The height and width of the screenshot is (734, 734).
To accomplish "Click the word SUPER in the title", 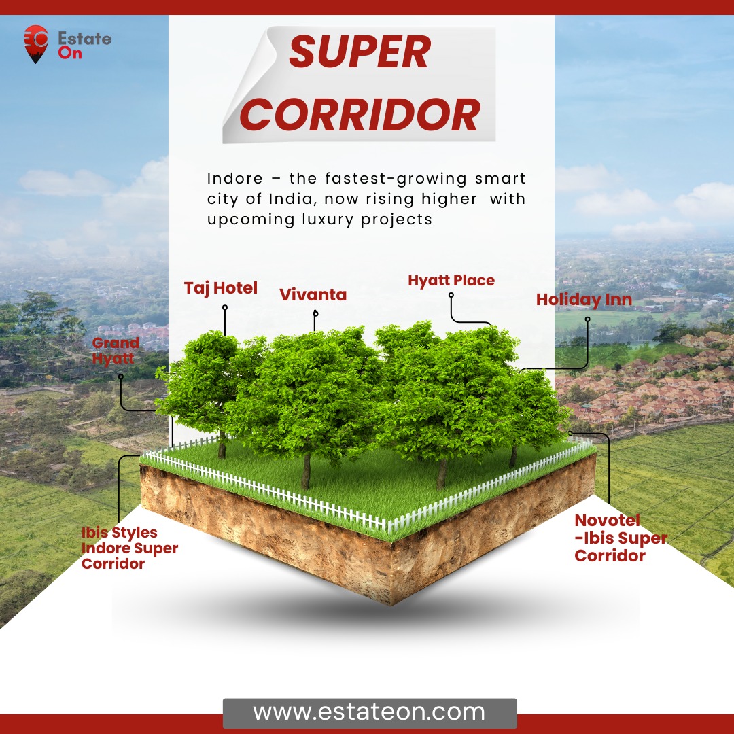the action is [x=360, y=52].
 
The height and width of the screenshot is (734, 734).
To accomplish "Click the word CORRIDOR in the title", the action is [x=360, y=115].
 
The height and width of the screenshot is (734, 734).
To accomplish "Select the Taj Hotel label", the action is [x=220, y=288].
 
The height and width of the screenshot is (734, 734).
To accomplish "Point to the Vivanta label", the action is [x=313, y=294].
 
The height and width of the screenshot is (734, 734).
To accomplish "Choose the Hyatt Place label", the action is [x=451, y=281].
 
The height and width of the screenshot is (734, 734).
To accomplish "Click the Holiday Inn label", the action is [x=584, y=300].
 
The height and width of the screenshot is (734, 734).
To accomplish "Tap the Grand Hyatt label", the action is [x=115, y=351].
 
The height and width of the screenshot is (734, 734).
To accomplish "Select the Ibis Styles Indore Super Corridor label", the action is [x=129, y=548].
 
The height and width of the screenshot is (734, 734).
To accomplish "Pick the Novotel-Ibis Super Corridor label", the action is [x=621, y=538].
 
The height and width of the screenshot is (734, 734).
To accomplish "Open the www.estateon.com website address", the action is [x=369, y=712].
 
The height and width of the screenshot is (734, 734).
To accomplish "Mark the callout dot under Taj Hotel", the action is [x=225, y=308].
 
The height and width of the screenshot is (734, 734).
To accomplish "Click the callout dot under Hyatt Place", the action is [x=451, y=296].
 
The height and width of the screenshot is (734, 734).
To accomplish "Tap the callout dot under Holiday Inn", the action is [x=587, y=319].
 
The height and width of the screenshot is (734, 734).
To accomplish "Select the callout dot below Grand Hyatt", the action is [x=121, y=377].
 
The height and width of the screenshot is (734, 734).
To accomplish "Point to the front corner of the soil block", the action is [x=391, y=604].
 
